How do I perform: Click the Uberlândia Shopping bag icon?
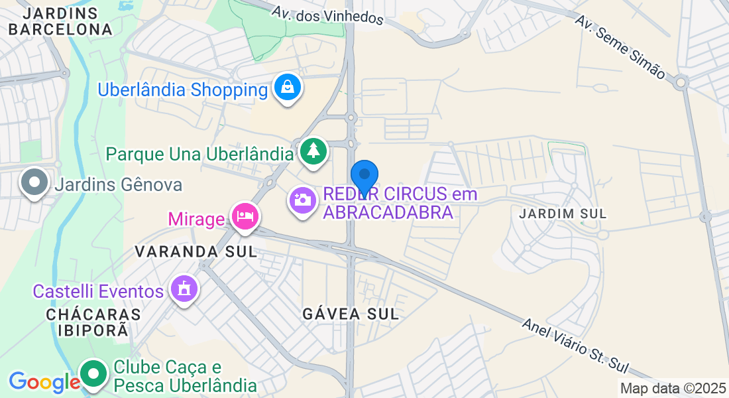pos(288,88)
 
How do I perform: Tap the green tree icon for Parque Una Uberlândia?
pos(312,151)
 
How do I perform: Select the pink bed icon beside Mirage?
pos(245,216)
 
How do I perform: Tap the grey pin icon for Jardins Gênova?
pos(34,182)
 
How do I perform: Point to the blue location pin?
pos(364,176)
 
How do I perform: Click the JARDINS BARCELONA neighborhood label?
pos(60,21)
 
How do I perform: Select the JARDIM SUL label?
pos(563,214)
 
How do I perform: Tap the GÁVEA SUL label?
pos(351,314)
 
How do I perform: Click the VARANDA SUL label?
pos(196,251)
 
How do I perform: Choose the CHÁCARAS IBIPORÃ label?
pos(93,322)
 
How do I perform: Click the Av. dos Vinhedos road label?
pos(328,13)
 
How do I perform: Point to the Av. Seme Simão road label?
pos(620,47)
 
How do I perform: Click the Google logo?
pos(44,382)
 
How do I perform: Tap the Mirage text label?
pos(196,218)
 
